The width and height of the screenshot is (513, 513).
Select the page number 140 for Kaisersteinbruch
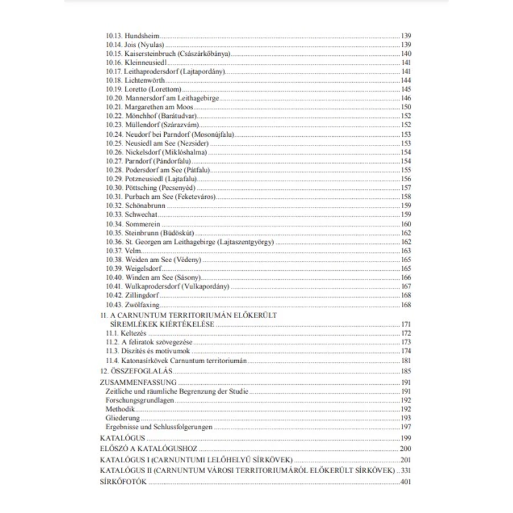click(406, 54)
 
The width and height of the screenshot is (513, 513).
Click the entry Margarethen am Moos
click(156, 107)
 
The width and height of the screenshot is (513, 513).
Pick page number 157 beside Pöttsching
click(406, 188)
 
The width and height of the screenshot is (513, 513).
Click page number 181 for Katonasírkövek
click(406, 360)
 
